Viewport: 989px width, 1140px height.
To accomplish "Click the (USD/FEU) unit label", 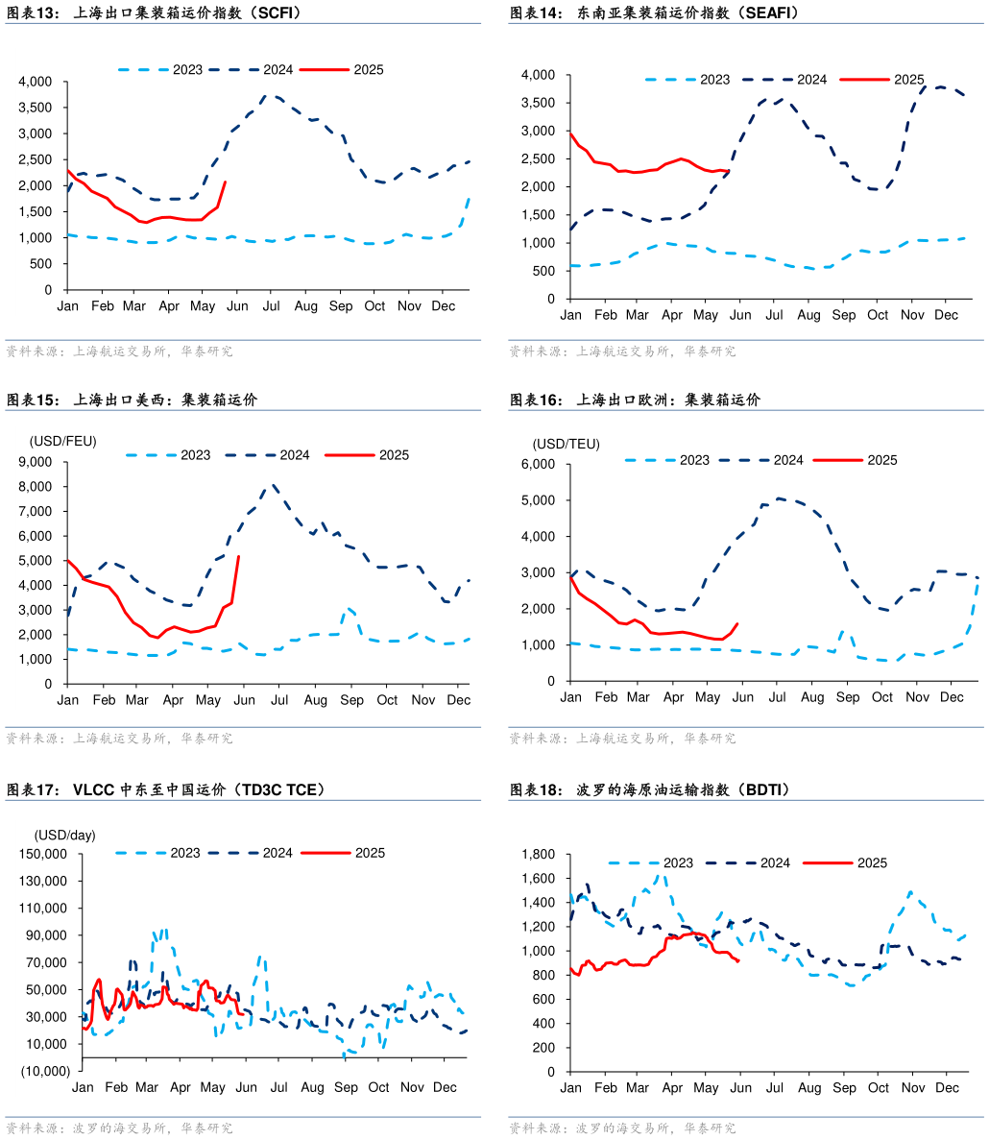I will pos(62,441).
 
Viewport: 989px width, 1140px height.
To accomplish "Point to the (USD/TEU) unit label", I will pos(566,444).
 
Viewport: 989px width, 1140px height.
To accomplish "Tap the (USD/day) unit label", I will pos(65,836).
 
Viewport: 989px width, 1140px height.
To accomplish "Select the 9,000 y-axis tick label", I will pos(37,462).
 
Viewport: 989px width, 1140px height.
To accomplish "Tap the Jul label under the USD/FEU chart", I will pos(279,700).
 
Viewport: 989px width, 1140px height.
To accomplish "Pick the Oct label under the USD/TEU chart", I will pos(882,697).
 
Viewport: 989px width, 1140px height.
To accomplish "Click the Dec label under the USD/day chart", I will pos(445,1087).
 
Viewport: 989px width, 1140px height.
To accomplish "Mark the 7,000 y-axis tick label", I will pos(37,511).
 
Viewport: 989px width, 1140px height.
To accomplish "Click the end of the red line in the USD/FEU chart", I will pos(238,556).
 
